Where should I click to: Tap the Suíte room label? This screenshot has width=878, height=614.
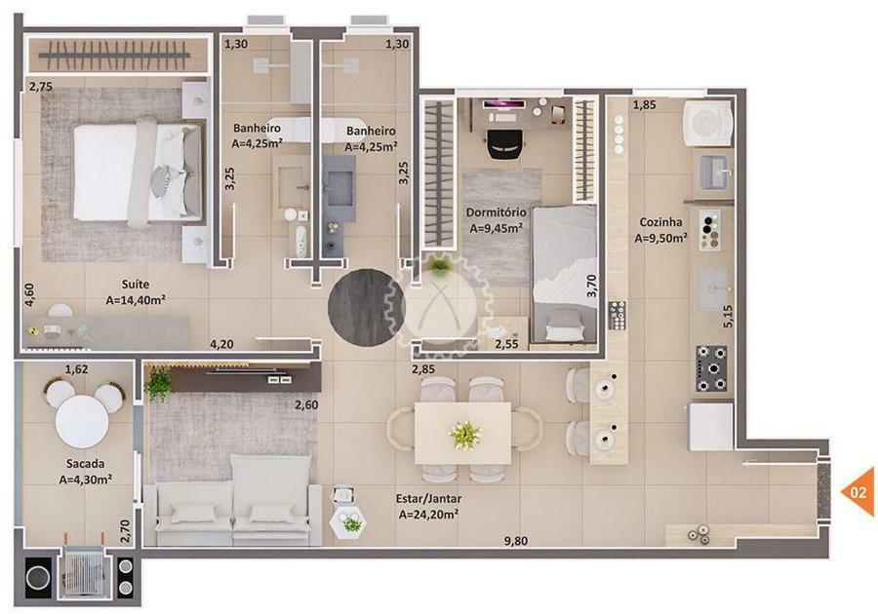tap(136, 284)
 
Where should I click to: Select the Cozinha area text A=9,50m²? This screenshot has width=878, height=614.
tap(661, 238)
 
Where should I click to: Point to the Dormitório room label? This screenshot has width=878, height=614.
tap(497, 212)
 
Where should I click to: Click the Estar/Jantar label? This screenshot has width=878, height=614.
tap(429, 499)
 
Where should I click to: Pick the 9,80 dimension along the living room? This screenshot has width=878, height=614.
tap(516, 541)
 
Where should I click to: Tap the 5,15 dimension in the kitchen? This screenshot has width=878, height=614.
tap(728, 316)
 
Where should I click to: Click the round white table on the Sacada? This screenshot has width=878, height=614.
tap(82, 422)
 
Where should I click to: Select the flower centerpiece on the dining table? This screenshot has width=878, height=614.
tap(464, 435)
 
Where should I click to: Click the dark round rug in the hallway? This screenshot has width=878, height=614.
tap(366, 308)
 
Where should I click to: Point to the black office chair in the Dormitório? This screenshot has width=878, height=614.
tap(504, 143)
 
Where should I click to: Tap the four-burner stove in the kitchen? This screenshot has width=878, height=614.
tap(712, 368)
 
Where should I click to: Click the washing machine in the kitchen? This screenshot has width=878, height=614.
tap(708, 123)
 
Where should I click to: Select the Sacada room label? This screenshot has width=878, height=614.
tap(85, 464)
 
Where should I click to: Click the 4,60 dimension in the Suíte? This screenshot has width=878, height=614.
tap(29, 294)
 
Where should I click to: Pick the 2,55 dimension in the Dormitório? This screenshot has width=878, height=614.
tap(506, 344)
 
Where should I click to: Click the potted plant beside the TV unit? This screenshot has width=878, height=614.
tap(159, 383)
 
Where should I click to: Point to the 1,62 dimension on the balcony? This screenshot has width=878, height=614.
tap(77, 369)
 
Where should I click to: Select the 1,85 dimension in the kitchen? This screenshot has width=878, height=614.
tap(645, 104)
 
